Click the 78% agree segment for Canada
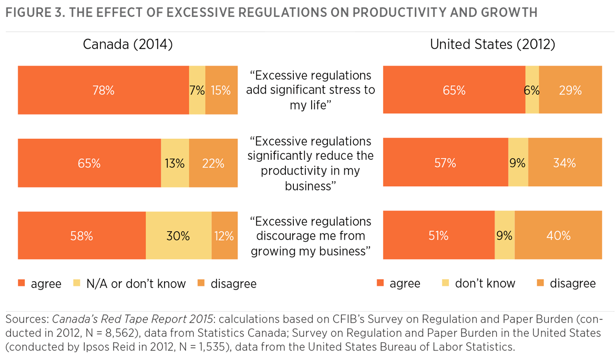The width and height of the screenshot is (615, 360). click(103, 90)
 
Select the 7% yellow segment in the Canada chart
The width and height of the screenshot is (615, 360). click(197, 90)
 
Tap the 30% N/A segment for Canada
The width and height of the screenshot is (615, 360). click(178, 236)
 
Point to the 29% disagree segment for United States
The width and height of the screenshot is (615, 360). click(570, 90)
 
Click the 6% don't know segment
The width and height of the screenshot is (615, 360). click(532, 90)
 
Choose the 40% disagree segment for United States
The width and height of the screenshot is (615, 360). click(558, 236)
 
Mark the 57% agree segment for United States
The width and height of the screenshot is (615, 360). click(445, 163)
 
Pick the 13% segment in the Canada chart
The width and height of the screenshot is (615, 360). click(175, 163)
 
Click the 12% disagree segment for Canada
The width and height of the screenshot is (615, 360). click(224, 236)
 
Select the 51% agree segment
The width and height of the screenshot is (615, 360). click(438, 236)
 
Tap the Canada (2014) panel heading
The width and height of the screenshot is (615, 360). click(128, 45)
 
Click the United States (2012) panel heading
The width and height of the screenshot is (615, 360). click(493, 45)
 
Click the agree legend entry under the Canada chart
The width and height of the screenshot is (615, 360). click(40, 284)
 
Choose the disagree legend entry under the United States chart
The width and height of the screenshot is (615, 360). click(566, 284)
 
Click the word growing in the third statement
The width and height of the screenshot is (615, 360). click(272, 251)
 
